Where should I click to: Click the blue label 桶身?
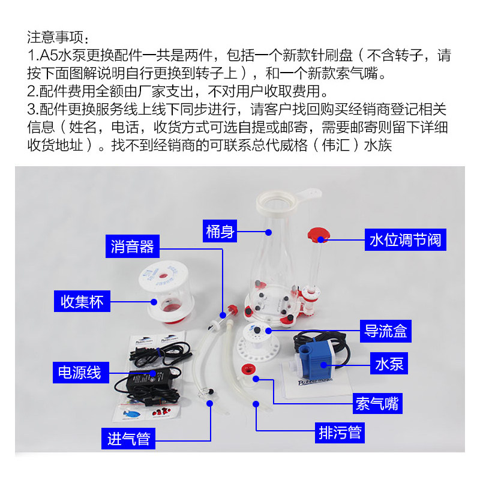220,230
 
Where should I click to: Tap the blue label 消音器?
132,246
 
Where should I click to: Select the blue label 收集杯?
83,301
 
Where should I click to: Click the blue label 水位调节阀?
404,240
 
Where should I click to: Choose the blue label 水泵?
389,363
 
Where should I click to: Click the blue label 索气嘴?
377,403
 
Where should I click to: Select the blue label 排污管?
339,432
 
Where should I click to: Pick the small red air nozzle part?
245,369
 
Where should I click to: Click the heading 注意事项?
57,37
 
